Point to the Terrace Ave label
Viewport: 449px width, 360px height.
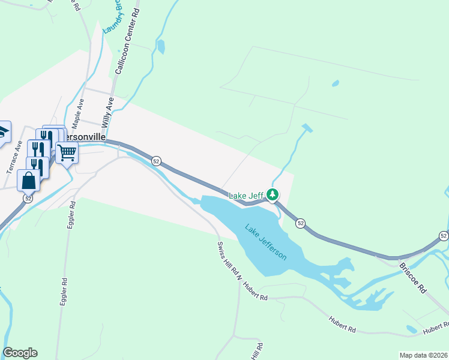14,157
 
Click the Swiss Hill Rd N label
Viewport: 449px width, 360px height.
229,262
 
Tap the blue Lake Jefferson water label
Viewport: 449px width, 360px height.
265,241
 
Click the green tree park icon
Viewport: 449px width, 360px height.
273,195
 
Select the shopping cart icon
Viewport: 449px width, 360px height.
67,153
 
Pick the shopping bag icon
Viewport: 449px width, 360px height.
29,180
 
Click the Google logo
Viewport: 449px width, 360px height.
20,353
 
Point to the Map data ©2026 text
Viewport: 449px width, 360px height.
423,355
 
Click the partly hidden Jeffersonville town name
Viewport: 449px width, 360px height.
85,137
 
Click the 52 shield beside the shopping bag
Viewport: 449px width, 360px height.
28,198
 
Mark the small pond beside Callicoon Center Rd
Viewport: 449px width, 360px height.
160,46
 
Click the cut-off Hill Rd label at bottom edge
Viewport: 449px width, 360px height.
256,352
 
